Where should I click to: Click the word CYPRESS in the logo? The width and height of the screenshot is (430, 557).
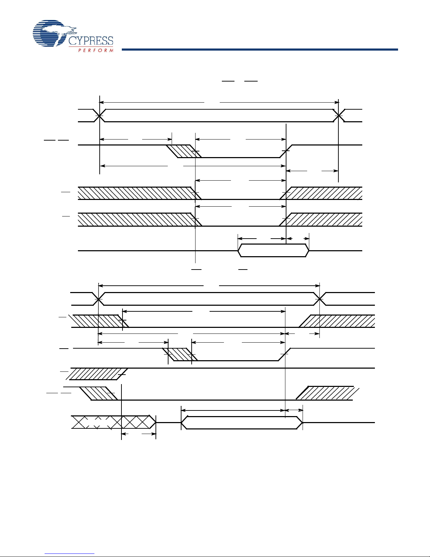(91, 41)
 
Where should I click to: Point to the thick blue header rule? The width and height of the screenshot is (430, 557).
(260, 50)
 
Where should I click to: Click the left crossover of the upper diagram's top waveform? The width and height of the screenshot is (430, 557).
(99, 116)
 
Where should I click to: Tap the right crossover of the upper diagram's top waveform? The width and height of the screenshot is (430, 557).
(338, 116)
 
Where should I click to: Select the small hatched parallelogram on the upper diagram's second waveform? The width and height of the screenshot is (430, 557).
(184, 151)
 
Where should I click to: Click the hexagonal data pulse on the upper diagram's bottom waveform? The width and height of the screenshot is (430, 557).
(273, 251)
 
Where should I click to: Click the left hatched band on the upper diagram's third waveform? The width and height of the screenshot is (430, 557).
(139, 193)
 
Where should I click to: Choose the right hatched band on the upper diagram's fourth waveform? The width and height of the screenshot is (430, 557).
(321, 219)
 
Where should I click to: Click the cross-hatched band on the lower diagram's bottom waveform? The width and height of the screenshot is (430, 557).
(113, 422)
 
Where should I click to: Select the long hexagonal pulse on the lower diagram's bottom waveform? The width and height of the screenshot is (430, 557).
(242, 422)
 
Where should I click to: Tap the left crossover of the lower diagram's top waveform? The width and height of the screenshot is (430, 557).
(98, 299)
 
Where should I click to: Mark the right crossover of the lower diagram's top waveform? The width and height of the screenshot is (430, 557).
(319, 299)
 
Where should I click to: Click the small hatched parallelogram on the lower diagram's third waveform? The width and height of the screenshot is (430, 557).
(180, 354)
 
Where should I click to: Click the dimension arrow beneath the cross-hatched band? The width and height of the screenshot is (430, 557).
(138, 434)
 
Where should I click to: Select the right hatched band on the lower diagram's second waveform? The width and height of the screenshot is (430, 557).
(337, 321)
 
